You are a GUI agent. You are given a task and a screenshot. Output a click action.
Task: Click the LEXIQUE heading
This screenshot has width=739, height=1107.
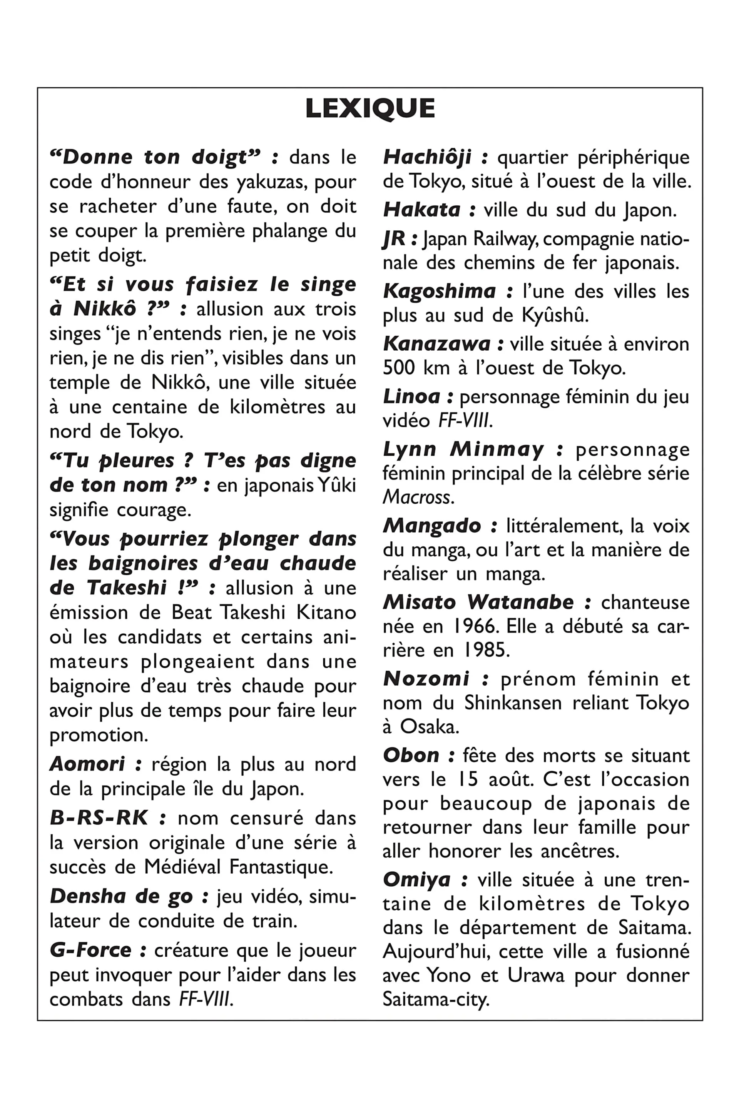point(369,108)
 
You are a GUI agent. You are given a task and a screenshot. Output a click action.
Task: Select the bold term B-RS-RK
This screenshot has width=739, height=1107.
point(99,818)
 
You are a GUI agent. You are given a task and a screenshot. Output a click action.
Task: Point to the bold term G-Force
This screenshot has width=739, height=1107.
point(90,950)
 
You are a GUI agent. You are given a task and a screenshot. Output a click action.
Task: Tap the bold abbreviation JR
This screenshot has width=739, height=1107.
point(393,239)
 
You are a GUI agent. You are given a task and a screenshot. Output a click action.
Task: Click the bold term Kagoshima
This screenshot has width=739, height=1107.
point(439,291)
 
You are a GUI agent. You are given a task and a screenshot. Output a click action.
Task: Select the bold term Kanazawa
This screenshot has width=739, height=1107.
point(437,344)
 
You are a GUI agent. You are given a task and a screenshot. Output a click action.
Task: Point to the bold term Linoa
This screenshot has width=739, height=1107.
point(411,396)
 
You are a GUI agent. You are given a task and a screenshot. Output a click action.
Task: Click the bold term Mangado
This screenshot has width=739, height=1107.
point(432,526)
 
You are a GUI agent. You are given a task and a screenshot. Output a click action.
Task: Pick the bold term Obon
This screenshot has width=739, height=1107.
point(411,755)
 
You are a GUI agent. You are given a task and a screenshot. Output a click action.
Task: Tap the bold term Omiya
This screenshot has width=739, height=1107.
point(416,880)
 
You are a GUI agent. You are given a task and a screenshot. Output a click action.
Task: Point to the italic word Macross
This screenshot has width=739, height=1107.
point(418,497)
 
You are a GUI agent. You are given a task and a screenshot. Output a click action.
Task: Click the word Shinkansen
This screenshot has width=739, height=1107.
point(513,703)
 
